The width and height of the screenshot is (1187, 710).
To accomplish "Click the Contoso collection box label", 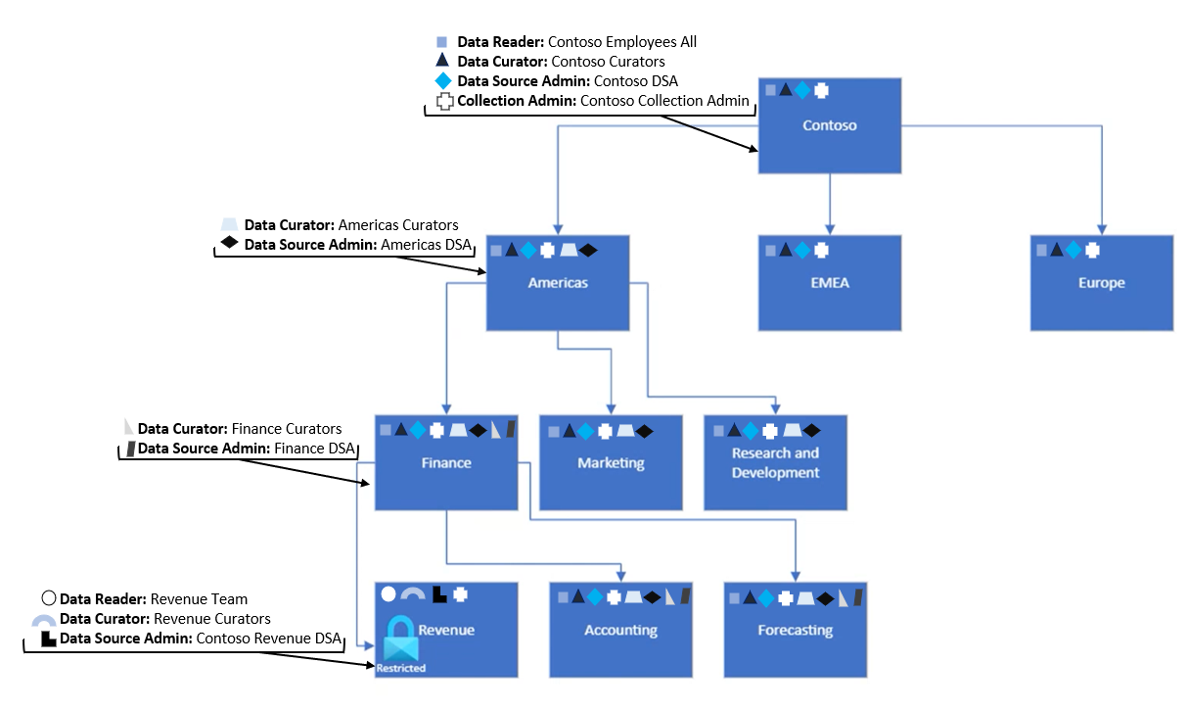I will click(x=829, y=125).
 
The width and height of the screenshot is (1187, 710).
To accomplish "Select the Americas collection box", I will click(x=558, y=283).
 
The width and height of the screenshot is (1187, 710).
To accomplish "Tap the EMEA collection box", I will click(x=829, y=283).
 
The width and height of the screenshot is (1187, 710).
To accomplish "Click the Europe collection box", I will click(x=1101, y=283).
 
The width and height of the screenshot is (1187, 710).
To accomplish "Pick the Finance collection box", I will click(x=446, y=463).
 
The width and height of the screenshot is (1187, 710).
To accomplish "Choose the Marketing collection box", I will click(x=611, y=463).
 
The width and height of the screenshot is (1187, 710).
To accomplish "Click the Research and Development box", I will click(x=775, y=463).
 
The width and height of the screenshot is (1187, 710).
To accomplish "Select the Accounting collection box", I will click(x=620, y=631).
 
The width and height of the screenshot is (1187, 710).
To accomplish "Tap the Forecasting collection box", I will click(x=795, y=631).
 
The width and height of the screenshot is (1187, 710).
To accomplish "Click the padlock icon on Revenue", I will click(x=399, y=637).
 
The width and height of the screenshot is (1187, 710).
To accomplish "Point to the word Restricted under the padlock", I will click(x=401, y=668).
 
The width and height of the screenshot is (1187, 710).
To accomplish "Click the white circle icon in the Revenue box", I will click(x=388, y=593).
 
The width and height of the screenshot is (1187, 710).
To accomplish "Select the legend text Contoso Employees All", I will click(x=622, y=42).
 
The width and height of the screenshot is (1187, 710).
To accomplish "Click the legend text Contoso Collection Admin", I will click(x=664, y=101).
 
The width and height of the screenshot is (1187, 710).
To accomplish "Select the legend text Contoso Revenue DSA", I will click(x=268, y=639).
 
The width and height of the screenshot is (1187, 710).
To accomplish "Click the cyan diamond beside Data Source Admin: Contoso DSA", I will click(x=443, y=81).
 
